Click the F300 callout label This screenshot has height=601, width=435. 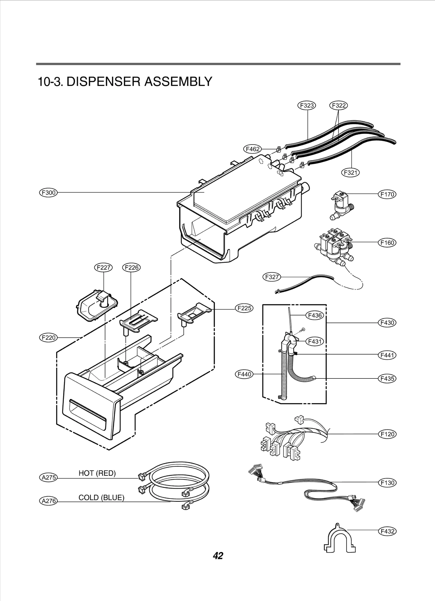click(49, 193)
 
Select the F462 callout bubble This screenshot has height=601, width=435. click(253, 149)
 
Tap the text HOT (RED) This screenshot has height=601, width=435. click(97, 473)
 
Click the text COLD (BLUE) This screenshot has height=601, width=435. click(101, 498)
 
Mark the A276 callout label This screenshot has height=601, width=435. click(49, 501)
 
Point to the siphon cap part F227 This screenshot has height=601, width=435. click(97, 306)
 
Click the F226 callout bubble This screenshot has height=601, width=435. click(132, 267)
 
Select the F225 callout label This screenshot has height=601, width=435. click(244, 308)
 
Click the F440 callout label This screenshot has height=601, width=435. click(244, 374)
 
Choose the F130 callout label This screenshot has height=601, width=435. click(387, 483)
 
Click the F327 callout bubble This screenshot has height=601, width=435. click(272, 277)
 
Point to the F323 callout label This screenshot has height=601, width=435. click(307, 105)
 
